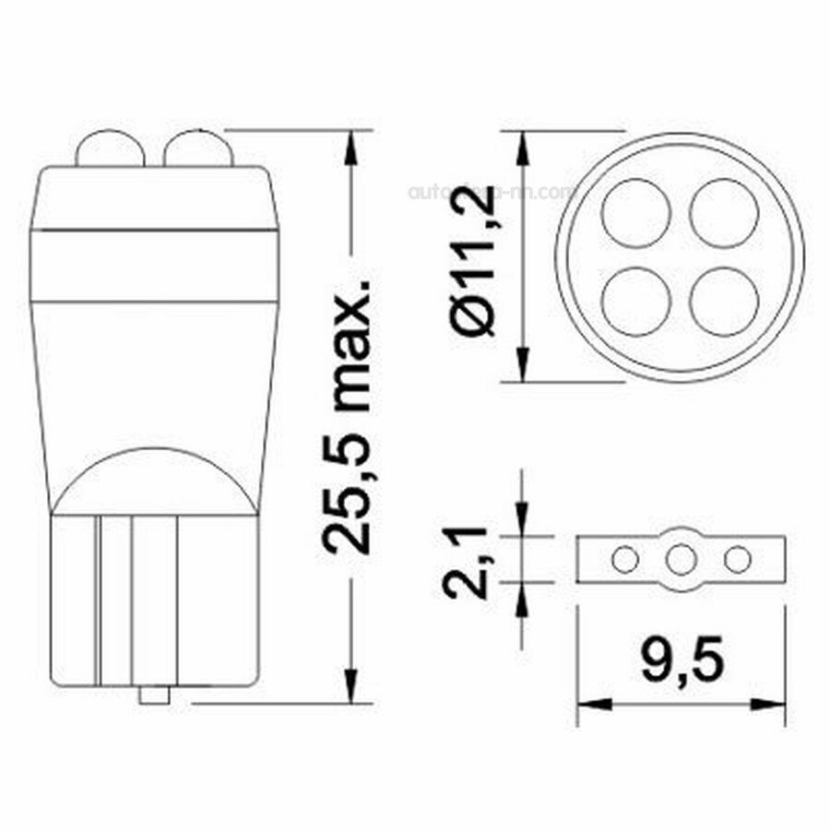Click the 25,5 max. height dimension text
coord(348,415)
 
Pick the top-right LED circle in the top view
coord(724,213)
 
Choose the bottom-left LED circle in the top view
coord(635,302)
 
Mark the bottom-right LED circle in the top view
coord(724,302)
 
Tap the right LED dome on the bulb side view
coord(196,150)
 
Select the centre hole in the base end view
coord(682,559)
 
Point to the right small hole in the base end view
coord(737,559)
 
